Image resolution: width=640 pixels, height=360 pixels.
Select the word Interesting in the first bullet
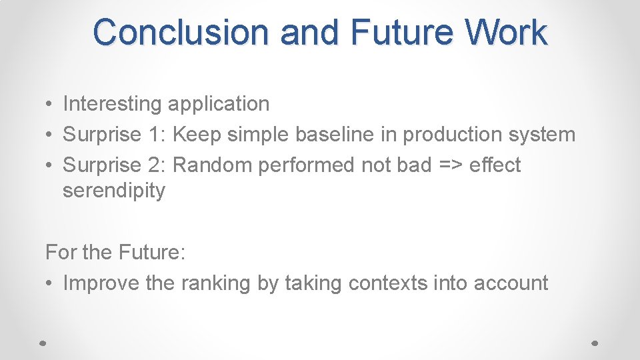[x=112, y=104]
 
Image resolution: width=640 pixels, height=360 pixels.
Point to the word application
[x=219, y=104]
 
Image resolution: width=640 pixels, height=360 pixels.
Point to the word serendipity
[x=113, y=191]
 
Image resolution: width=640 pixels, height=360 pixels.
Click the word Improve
[x=101, y=283]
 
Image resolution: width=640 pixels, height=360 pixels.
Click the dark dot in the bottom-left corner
[x=43, y=342]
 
